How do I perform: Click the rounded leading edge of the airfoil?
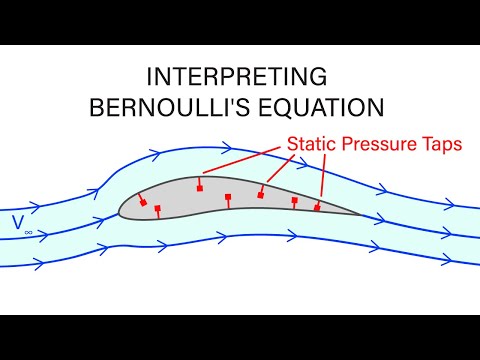[120, 209]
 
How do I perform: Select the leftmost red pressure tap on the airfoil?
[142, 203]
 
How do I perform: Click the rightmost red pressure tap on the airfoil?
[318, 207]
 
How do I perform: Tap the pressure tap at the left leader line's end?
[200, 187]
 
